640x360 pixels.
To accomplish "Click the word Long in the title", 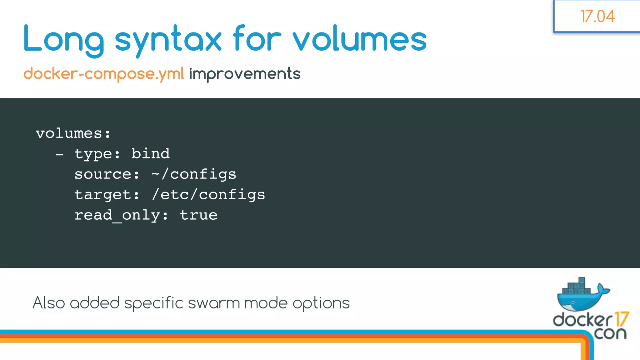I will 63,39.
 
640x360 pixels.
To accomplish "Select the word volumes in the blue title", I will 359,39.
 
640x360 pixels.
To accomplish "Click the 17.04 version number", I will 597,16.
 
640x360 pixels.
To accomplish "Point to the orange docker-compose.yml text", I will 104,74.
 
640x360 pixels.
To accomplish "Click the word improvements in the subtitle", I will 245,74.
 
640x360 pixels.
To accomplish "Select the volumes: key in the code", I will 73,133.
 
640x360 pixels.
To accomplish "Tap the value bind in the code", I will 151,153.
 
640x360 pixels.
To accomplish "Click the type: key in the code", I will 97,154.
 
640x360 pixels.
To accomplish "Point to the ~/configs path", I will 194,174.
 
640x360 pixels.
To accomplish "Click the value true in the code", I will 199,215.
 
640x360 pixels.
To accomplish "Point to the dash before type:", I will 59,154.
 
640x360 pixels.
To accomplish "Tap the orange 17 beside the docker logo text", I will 621,319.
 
